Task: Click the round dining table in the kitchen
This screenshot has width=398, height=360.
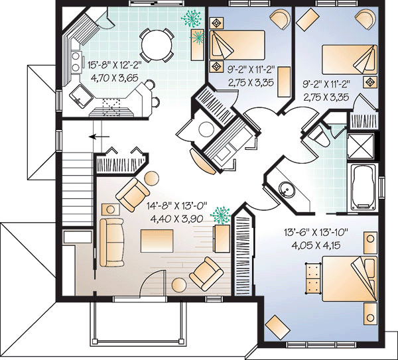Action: pos(157,45)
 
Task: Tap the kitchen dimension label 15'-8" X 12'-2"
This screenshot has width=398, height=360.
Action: pos(114,65)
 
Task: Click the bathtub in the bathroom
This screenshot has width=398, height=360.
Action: pos(364,187)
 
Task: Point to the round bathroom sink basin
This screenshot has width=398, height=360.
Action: pos(287,189)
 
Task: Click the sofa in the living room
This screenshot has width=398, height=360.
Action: pos(111,243)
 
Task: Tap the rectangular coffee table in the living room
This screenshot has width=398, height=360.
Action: pos(157,241)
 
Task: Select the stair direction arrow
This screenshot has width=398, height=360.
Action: pos(99,137)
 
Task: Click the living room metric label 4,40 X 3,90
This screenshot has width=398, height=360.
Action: pos(176,219)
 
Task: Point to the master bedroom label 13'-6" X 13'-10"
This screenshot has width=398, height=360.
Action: pos(316,233)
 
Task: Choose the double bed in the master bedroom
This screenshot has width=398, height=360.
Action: pos(350,278)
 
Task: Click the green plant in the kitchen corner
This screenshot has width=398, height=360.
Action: pos(192,19)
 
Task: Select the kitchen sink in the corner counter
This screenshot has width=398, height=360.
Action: pos(81,96)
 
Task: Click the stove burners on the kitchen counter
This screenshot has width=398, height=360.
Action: pos(76,61)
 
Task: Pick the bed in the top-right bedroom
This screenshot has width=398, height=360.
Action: pos(350,60)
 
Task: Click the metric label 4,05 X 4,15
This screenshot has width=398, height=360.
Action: pos(316,245)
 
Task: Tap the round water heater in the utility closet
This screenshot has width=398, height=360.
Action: pos(206,130)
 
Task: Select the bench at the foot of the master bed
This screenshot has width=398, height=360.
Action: pos(312,278)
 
